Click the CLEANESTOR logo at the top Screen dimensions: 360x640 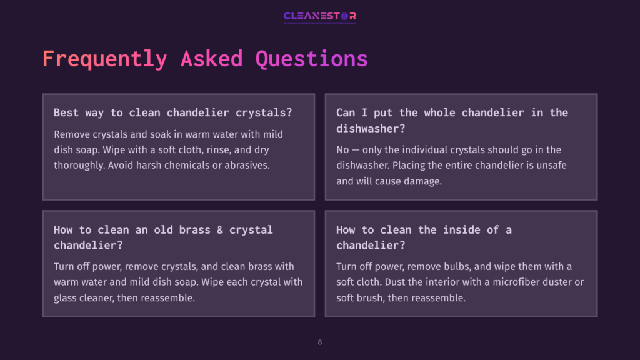pos(319,16)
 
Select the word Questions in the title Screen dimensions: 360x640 pos(311,59)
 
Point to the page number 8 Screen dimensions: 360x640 pos(320,342)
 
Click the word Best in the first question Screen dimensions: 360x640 pos(66,112)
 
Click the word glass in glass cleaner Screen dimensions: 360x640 pos(67,298)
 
